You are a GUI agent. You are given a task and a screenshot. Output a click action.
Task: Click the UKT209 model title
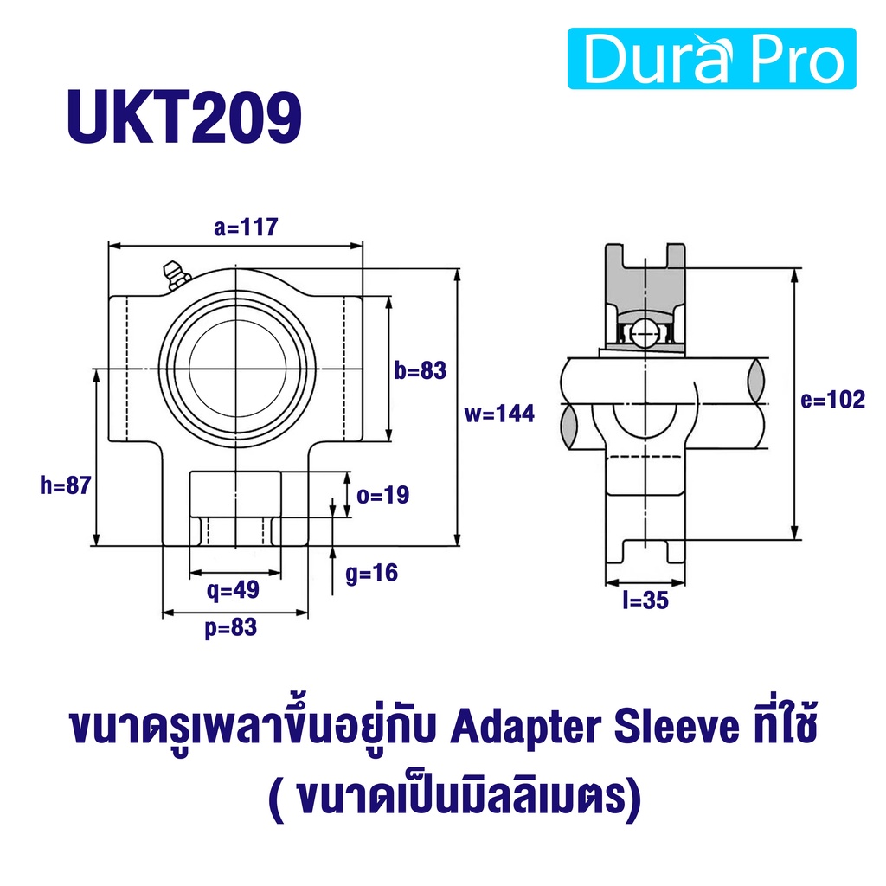[184, 118]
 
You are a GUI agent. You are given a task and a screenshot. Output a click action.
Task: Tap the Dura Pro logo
[712, 59]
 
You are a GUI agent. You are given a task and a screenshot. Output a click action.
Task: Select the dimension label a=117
[246, 228]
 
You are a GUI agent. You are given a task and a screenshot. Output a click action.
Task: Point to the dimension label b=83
[421, 370]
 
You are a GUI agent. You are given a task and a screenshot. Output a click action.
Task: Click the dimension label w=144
[499, 414]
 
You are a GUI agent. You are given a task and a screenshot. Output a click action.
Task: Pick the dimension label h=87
[66, 485]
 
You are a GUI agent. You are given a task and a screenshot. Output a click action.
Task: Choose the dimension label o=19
[383, 495]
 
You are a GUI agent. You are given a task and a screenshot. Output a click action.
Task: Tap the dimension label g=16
[372, 573]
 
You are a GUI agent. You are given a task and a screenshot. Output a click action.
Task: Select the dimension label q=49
[233, 590]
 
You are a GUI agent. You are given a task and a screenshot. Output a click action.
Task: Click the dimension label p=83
[230, 628]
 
